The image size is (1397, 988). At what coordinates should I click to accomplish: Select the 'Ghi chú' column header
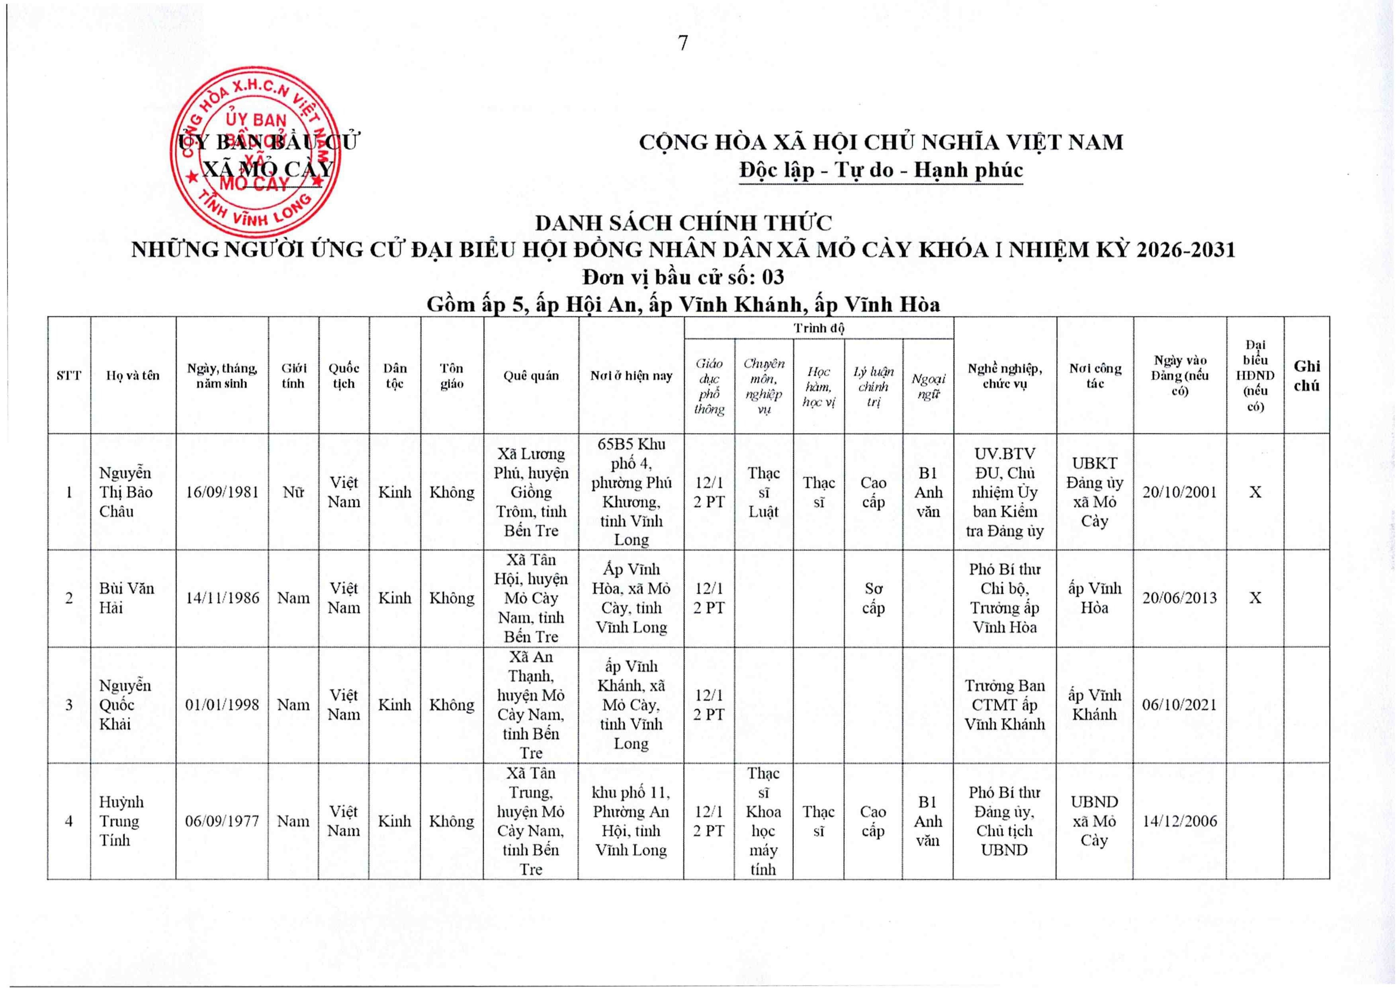coord(1306,375)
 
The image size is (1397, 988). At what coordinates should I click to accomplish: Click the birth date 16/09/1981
coord(222,492)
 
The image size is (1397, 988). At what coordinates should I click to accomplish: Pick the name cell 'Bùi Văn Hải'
coord(127,598)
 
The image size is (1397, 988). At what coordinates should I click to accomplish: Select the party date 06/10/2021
coord(1179,704)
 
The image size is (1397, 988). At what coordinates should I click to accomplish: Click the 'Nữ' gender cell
coord(293,492)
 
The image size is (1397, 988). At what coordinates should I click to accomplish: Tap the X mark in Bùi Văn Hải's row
coord(1255,598)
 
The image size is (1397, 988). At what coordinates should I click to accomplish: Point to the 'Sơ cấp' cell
coord(873,598)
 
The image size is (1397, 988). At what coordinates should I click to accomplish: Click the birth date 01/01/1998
coord(222,704)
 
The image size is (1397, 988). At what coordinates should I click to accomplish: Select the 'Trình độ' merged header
coord(818,328)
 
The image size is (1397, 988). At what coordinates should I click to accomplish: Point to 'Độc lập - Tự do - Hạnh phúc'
coord(880,170)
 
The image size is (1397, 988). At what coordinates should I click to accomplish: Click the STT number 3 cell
coord(69,704)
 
